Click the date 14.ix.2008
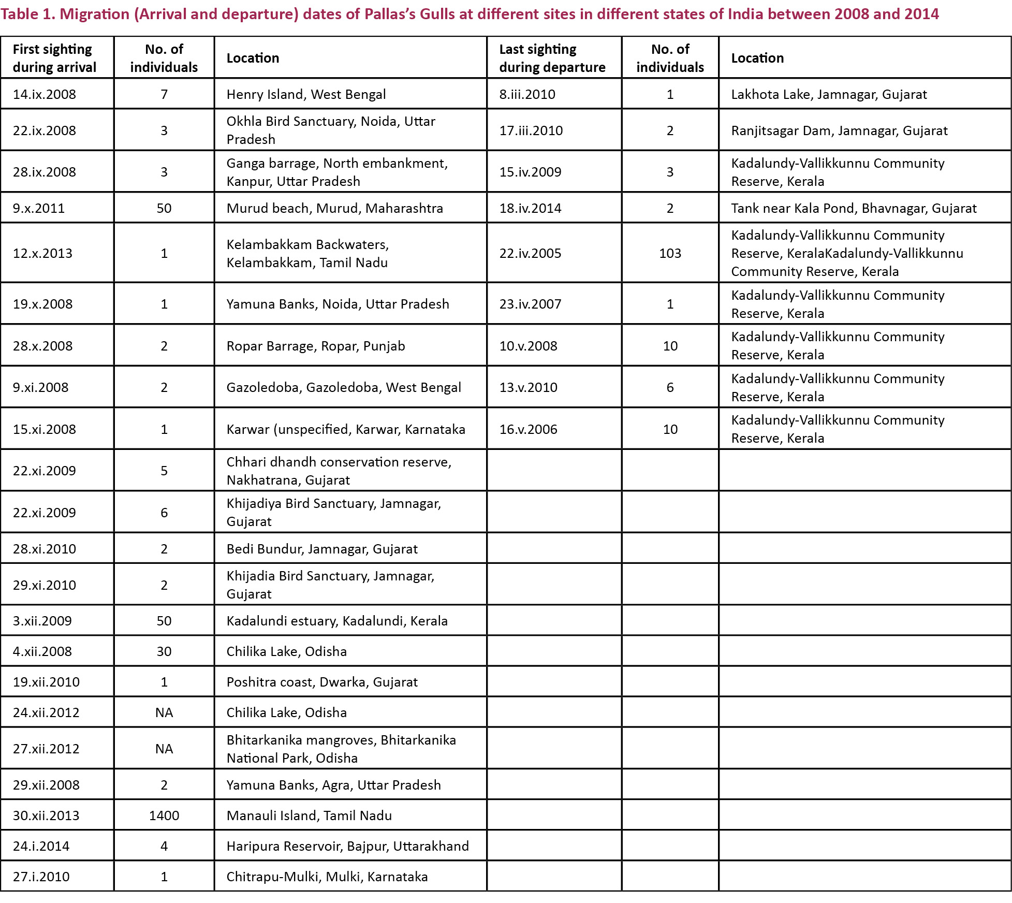tap(45, 94)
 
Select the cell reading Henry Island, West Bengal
tap(306, 94)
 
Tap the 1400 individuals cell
tap(164, 815)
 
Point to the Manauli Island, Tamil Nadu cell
tap(309, 815)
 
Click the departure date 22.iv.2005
tap(530, 253)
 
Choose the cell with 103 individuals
tap(670, 253)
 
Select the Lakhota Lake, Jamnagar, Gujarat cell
tap(829, 94)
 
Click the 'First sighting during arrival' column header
tap(54, 58)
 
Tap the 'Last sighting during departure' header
tap(552, 58)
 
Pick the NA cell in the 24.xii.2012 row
tap(164, 712)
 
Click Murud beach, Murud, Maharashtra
tap(334, 208)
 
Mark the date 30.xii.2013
tap(46, 815)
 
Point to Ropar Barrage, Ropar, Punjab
tap(316, 346)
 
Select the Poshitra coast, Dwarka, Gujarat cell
tap(322, 682)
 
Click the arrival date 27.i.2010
tap(41, 877)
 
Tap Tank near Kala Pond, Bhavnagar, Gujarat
tap(854, 208)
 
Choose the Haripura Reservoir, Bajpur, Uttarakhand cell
tap(347, 846)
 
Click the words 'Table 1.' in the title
tap(28, 14)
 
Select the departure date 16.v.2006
tap(528, 429)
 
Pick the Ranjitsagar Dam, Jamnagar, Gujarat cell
tap(839, 130)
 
